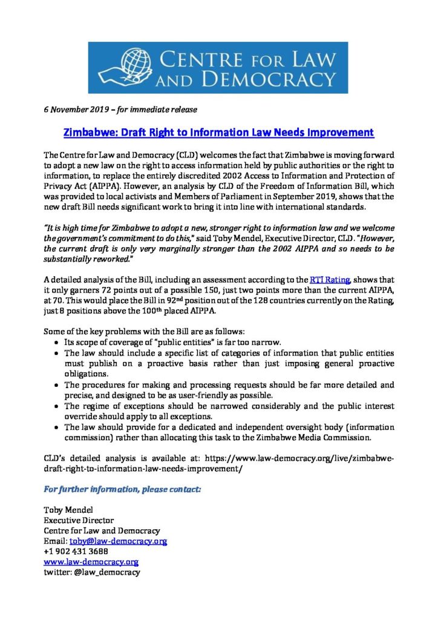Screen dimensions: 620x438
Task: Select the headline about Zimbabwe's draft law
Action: tap(219, 132)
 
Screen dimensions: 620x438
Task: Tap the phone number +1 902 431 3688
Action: tap(76, 551)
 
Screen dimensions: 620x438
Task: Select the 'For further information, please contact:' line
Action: tap(123, 489)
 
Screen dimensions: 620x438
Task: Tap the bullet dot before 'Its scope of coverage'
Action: tap(57, 342)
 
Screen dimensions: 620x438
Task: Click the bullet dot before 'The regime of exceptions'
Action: tap(57, 405)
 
